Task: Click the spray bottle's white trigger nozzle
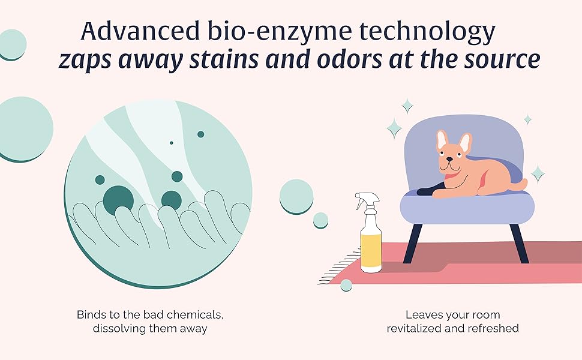(364, 199)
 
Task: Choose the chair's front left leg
(411, 243)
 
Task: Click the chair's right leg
(519, 243)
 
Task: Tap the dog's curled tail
(520, 184)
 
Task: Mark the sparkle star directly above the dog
(407, 107)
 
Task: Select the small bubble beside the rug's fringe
(346, 286)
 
